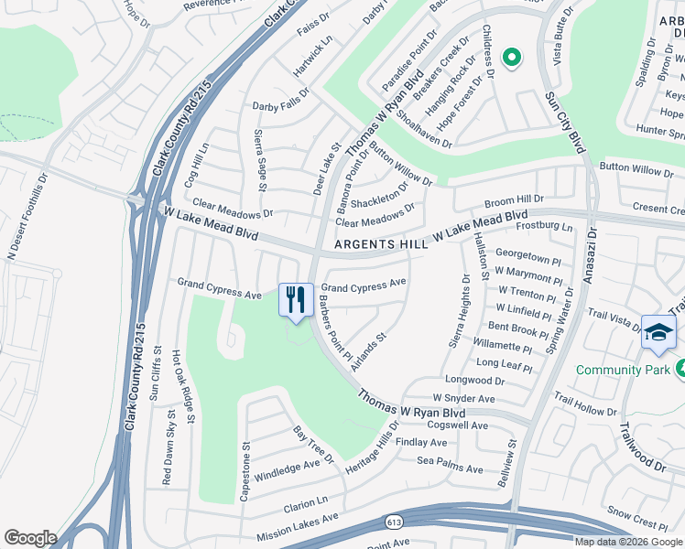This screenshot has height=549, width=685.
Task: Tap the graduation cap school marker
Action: click(x=658, y=333)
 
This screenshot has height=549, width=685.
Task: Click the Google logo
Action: click(x=30, y=538)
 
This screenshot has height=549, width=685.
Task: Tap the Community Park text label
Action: click(x=622, y=370)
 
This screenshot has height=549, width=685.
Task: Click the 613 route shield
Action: click(x=393, y=522)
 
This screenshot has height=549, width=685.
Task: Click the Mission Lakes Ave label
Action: click(x=297, y=523)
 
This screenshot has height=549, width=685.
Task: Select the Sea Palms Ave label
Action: click(x=449, y=468)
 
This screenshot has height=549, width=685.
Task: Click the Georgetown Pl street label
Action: click(x=527, y=253)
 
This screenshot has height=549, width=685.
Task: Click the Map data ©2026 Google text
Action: click(x=628, y=542)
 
